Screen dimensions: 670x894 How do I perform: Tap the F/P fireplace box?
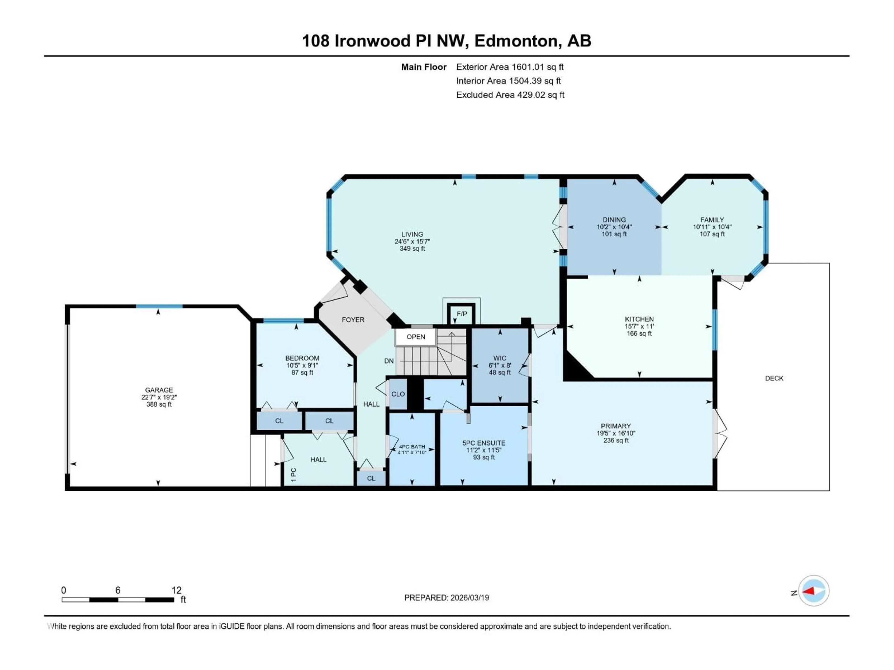pyautogui.click(x=461, y=314)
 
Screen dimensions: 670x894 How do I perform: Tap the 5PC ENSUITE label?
pyautogui.click(x=484, y=443)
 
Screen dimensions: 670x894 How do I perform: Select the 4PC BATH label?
pyautogui.click(x=412, y=447)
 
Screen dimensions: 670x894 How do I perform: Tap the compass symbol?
pyautogui.click(x=814, y=591)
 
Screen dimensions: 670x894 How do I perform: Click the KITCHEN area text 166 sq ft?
pyautogui.click(x=639, y=334)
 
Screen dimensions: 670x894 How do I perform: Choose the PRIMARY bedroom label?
pyautogui.click(x=616, y=426)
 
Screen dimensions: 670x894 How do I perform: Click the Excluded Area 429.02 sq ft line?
pyautogui.click(x=510, y=95)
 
